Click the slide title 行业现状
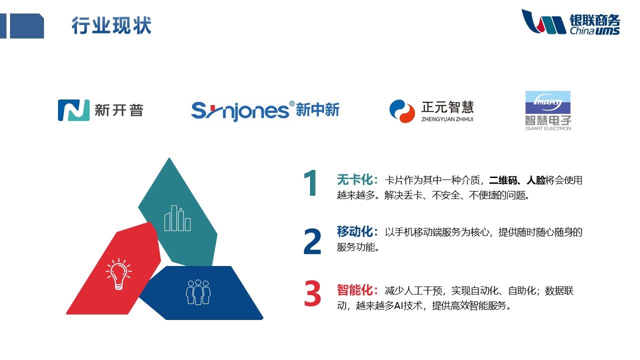[x=111, y=25]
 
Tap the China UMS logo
[x=570, y=22]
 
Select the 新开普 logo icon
[x=73, y=110]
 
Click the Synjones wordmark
[x=240, y=111]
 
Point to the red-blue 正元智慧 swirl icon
[x=402, y=111]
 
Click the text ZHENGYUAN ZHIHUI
[x=447, y=119]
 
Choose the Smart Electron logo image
[x=548, y=110]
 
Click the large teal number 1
[x=310, y=183]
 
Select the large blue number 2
[x=312, y=241]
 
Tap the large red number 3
[x=312, y=293]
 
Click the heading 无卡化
[x=354, y=180]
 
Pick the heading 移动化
[x=354, y=231]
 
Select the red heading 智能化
[x=354, y=290]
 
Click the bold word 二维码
[x=503, y=180]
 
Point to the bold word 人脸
[x=535, y=180]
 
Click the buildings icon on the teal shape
[x=177, y=218]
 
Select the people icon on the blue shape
[x=198, y=292]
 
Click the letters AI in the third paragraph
[x=398, y=306]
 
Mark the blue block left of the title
[x=27, y=25]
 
